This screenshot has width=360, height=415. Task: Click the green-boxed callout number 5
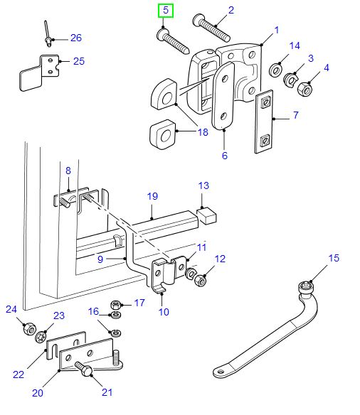[x=165, y=11]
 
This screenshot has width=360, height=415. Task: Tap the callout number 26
[x=76, y=38]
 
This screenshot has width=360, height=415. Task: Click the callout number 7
[x=295, y=114]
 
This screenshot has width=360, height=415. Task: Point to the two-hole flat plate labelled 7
[x=263, y=122]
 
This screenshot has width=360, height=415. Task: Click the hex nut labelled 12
[x=201, y=279]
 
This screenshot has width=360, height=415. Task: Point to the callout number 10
[x=163, y=311]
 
